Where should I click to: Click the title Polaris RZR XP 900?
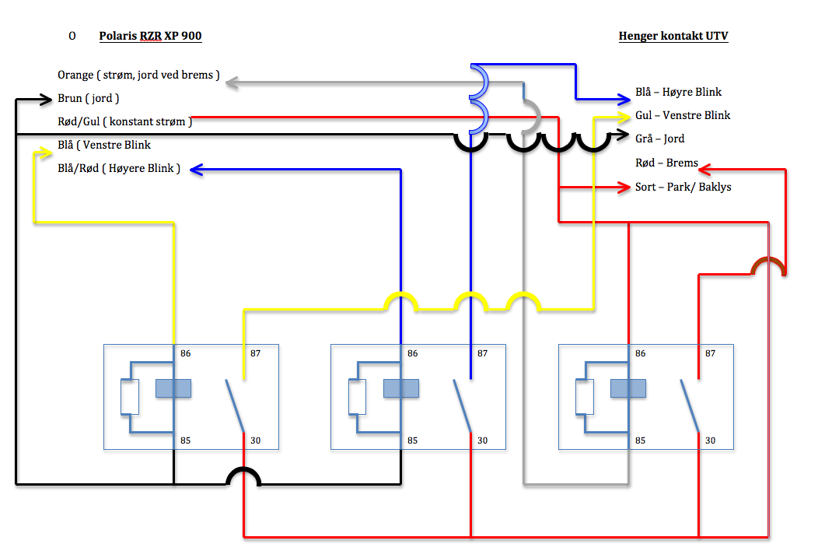[x=150, y=36]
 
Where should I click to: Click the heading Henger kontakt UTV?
[x=673, y=36]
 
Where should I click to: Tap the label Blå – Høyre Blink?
[x=678, y=92]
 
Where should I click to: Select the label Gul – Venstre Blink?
[x=683, y=115]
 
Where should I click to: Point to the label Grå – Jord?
[x=659, y=139]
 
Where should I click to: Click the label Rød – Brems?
[x=666, y=163]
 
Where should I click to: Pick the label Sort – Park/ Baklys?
[x=683, y=187]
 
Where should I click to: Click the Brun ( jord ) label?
[x=88, y=99]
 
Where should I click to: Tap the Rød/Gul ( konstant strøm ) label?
[x=124, y=121]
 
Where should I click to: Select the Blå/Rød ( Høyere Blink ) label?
[x=119, y=169]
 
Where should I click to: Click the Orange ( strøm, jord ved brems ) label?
[x=138, y=75]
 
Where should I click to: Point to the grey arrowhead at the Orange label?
[x=232, y=82]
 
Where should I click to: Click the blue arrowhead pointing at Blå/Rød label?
[x=197, y=169]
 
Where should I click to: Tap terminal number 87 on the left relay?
[x=256, y=353]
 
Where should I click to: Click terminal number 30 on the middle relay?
[x=483, y=440]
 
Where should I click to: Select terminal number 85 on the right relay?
[x=640, y=440]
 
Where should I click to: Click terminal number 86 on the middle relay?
[x=412, y=353]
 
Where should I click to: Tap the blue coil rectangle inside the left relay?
[x=173, y=388]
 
